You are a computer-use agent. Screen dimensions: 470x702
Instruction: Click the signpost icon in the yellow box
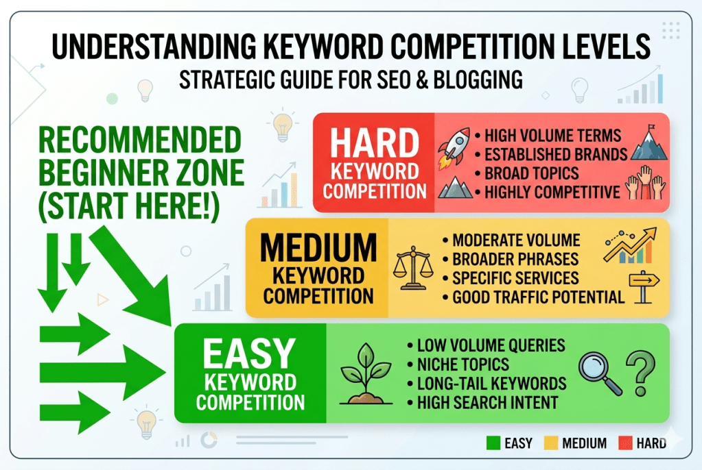coord(643,285)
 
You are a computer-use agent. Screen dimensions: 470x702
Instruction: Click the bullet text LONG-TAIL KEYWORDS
coord(491,383)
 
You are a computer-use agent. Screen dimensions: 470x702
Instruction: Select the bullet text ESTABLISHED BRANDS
coord(556,154)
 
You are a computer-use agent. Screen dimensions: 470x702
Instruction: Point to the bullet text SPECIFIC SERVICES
coord(515,278)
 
